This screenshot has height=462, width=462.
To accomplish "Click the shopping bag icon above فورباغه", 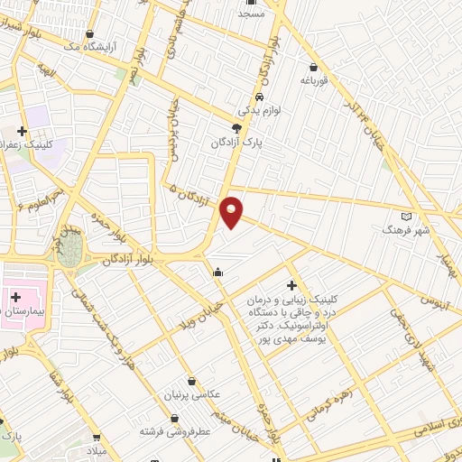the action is point(312,67).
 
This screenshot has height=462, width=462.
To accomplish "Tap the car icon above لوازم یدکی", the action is point(259,97).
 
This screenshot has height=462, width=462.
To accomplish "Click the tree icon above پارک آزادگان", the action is point(236,128).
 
